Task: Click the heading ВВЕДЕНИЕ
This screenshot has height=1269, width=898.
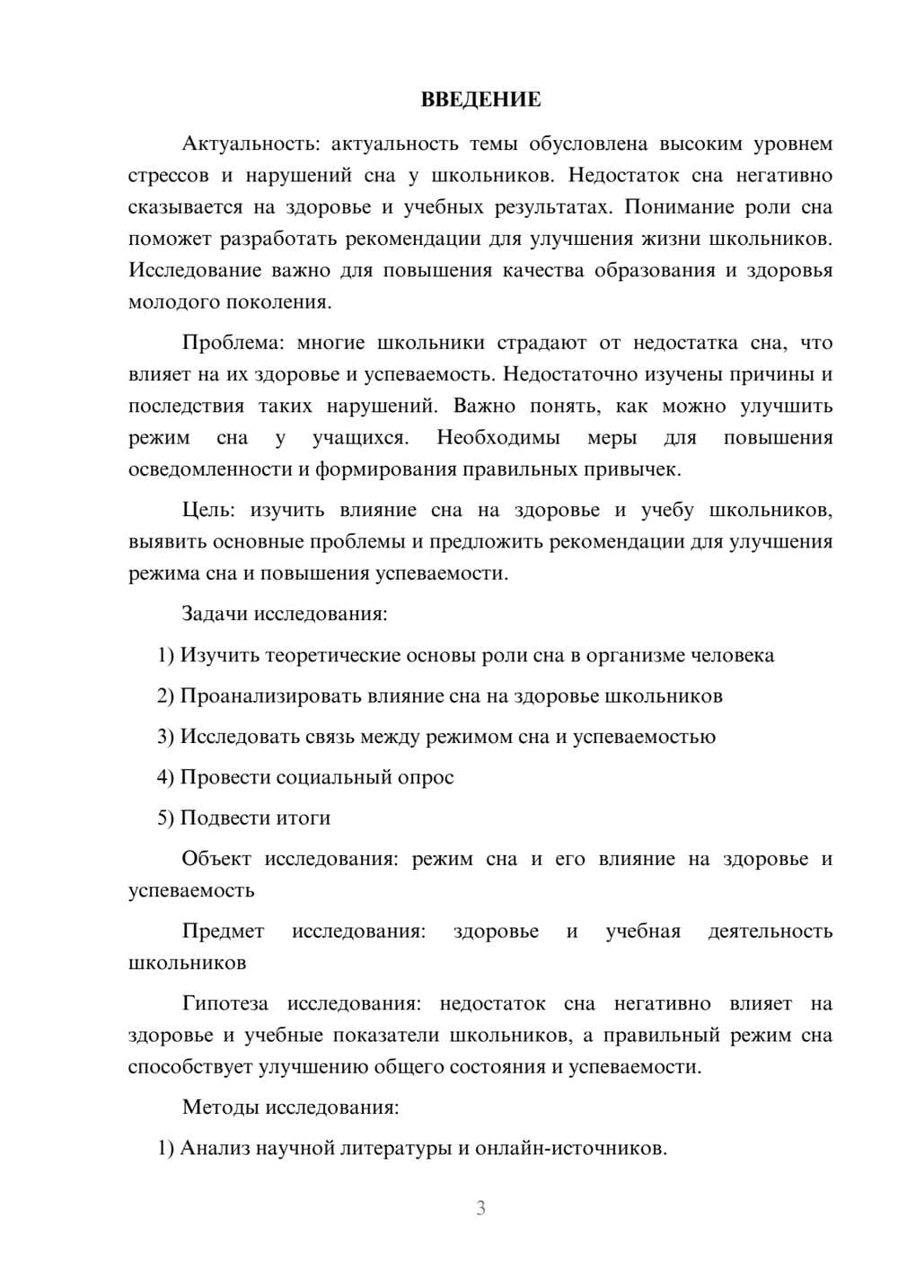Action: [x=480, y=100]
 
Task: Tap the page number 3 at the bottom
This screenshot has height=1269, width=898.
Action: [x=480, y=1208]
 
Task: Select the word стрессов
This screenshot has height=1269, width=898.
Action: [x=169, y=176]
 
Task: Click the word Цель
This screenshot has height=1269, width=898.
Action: [x=207, y=511]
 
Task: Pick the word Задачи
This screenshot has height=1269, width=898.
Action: [x=216, y=615]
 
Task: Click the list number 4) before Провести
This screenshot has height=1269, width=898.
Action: [x=165, y=777]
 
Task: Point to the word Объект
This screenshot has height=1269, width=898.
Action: [x=216, y=859]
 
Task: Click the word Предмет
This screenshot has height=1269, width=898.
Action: [x=223, y=932]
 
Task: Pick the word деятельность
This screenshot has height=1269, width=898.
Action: [x=770, y=932]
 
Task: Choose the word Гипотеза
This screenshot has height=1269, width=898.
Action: [x=225, y=1004]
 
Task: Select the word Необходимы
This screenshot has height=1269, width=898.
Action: [x=498, y=438]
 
